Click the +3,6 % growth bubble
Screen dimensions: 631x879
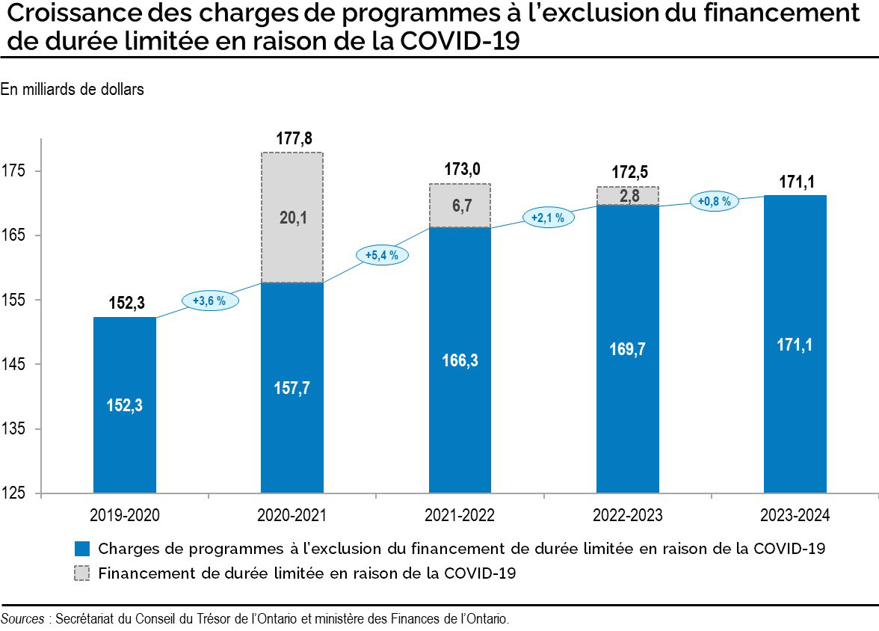point(209,301)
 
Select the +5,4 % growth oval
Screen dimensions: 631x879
point(382,255)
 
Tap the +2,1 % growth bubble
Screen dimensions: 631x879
point(548,218)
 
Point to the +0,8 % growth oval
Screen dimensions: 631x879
point(714,201)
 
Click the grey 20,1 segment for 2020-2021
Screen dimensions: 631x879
point(292,218)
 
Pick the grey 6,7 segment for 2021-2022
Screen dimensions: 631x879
point(460,206)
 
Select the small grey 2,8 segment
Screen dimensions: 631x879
point(627,196)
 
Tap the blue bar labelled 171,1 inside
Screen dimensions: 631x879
point(795,344)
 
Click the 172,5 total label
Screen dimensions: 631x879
point(627,173)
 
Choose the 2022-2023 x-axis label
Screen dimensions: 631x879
point(627,516)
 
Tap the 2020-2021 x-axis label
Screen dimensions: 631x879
point(292,516)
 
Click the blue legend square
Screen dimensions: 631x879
point(82,548)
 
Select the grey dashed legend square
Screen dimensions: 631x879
point(82,573)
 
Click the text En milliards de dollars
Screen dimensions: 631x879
point(72,90)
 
